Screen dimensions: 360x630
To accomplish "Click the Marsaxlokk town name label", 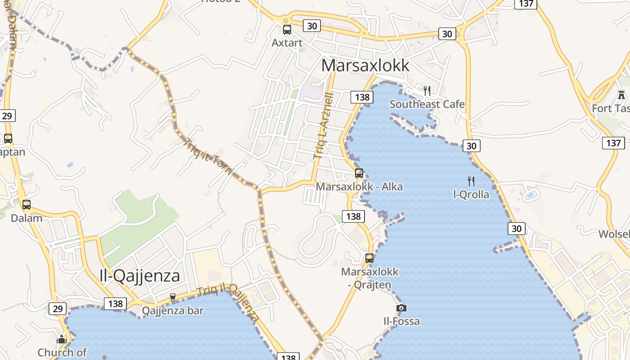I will tap(365, 66).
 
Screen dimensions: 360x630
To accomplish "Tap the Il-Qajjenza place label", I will tap(139, 275).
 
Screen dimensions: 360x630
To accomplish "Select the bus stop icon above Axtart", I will tap(287, 30).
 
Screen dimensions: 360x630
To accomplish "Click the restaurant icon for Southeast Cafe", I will tap(427, 90).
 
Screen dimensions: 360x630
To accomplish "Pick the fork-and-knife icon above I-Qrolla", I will tap(471, 181).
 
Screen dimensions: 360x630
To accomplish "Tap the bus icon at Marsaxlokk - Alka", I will tap(359, 173).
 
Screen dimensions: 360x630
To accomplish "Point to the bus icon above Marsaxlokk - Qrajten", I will tap(369, 258).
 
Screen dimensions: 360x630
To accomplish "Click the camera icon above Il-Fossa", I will tap(401, 308).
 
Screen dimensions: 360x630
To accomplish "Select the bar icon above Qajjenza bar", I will tap(173, 297).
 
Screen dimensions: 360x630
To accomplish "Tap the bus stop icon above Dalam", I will tap(27, 205).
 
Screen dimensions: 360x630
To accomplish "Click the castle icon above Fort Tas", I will tap(621, 95).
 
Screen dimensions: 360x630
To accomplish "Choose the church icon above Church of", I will tap(62, 339).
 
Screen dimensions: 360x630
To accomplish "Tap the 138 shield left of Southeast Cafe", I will tap(362, 97).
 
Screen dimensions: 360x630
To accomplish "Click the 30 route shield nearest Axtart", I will tap(312, 26).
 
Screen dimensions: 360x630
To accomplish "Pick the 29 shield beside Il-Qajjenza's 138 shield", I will tap(58, 309).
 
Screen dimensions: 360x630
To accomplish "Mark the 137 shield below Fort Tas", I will tap(613, 143).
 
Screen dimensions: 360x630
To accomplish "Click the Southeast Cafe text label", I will tap(427, 104).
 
